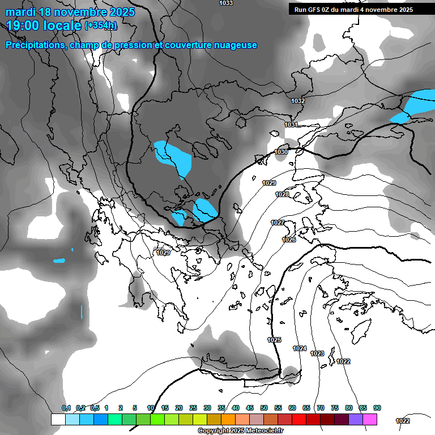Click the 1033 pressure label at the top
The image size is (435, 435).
click(x=225, y=3)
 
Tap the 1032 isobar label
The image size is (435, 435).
click(x=298, y=101)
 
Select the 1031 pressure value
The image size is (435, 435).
click(x=291, y=125)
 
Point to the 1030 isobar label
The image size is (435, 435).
click(x=281, y=152)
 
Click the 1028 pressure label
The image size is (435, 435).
click(x=282, y=194)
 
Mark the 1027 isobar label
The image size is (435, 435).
click(x=278, y=223)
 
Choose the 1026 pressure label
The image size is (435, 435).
click(x=289, y=240)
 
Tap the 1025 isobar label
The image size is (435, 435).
click(x=274, y=340)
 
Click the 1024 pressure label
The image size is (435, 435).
click(x=300, y=348)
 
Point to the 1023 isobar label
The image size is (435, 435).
click(x=317, y=353)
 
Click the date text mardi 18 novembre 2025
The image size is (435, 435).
click(x=70, y=12)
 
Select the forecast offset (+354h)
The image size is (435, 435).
click(x=101, y=25)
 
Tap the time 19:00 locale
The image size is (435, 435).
click(x=43, y=25)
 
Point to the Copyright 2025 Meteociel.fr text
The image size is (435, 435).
click(x=241, y=430)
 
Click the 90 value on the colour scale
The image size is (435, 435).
click(x=377, y=408)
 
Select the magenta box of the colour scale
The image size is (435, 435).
click(x=370, y=419)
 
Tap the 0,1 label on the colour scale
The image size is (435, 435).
click(x=66, y=408)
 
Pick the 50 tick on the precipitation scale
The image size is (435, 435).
click(x=264, y=408)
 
